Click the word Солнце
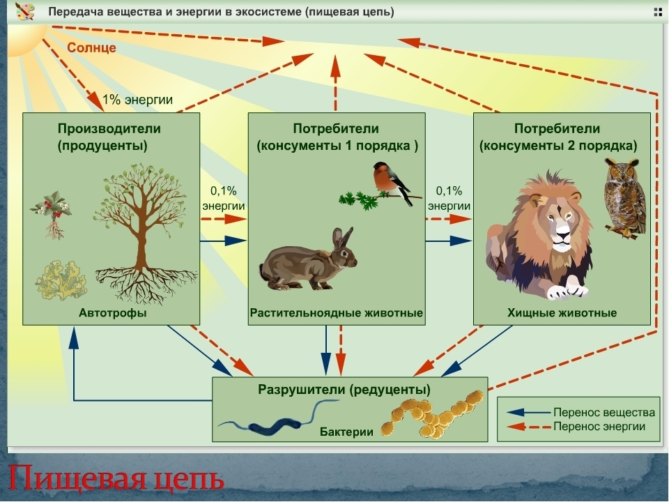(92, 48)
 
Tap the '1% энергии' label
(137, 100)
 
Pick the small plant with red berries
(51, 212)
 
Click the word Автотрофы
(112, 313)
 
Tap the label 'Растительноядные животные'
(337, 313)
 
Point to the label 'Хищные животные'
(562, 313)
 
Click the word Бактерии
(346, 432)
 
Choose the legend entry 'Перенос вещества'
(603, 412)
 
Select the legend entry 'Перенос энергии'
(599, 426)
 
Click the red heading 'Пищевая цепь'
(117, 480)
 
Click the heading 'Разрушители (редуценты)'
(344, 388)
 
